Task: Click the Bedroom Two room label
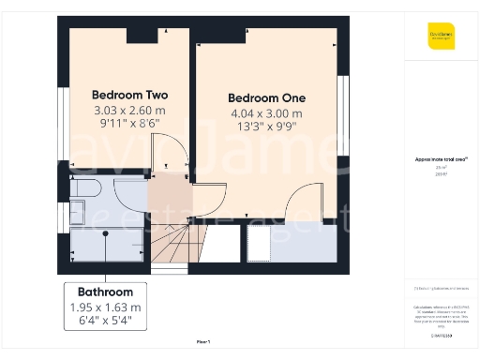(129, 95)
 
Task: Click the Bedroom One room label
(266, 97)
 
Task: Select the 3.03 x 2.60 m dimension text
(129, 109)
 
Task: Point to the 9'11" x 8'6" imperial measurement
(129, 122)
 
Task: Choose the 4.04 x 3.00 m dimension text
(266, 113)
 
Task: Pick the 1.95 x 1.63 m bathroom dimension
(105, 307)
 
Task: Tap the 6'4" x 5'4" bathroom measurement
(105, 321)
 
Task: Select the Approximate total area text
(441, 159)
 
